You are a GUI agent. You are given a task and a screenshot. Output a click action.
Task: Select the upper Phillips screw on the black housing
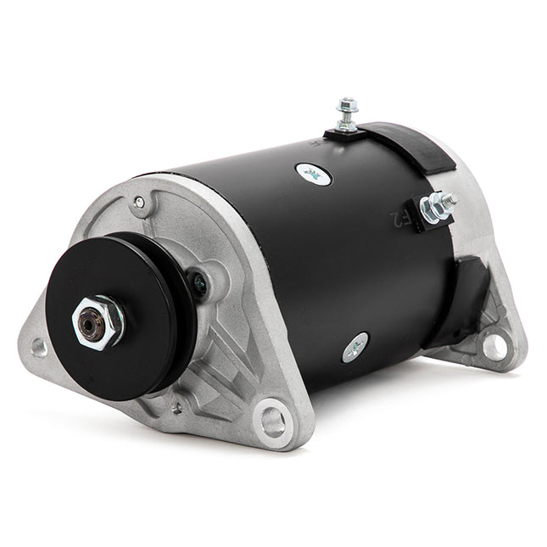[314, 174]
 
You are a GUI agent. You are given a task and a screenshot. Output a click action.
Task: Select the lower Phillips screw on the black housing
[355, 346]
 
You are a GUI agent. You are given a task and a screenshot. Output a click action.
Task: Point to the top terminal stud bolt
[346, 113]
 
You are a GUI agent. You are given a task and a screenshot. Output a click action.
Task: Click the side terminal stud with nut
[438, 204]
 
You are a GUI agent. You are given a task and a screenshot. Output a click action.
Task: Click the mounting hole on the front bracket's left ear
[38, 346]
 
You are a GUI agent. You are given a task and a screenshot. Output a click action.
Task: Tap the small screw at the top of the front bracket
[139, 203]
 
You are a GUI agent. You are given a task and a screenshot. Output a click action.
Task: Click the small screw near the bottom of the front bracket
[176, 408]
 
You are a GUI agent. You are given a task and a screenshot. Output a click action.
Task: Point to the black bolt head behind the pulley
[198, 283]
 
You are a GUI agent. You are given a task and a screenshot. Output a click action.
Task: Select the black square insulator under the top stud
[343, 135]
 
